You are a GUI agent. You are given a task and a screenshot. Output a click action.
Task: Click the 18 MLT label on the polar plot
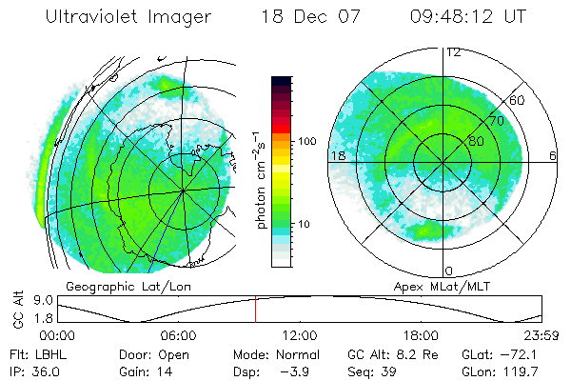[x=337, y=155]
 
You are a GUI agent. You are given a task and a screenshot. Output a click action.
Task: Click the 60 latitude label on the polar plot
[x=518, y=100]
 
